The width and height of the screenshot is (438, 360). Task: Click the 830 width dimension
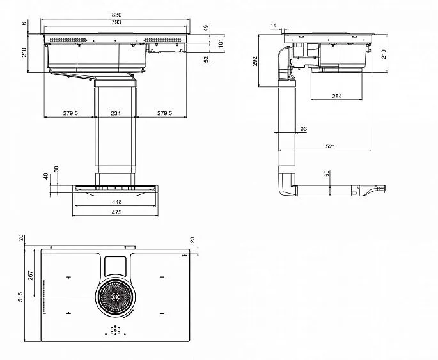point(116,15)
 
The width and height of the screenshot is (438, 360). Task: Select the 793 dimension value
point(116,22)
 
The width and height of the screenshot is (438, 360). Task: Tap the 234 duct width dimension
point(116,113)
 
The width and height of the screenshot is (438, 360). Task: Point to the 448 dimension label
point(116,202)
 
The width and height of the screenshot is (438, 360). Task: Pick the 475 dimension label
point(116,212)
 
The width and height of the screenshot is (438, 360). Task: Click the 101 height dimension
point(221,43)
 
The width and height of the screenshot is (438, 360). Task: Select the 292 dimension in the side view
point(255,61)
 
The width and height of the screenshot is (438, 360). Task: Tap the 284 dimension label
point(337,96)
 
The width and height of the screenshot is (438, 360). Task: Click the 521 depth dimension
point(330,146)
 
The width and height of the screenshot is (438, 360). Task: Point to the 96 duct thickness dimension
point(303,129)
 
